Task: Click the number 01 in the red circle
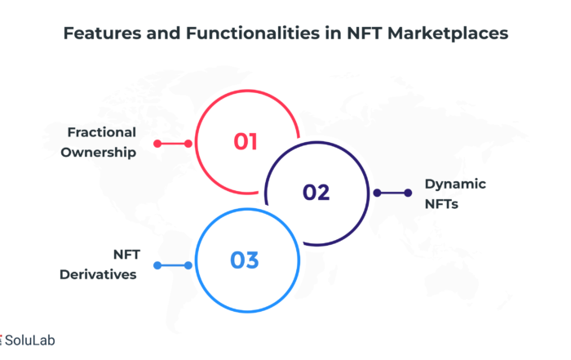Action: click(246, 141)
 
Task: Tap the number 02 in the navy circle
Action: click(316, 193)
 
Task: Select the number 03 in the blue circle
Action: click(245, 260)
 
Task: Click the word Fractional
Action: click(102, 132)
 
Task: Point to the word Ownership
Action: click(99, 153)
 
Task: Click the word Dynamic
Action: click(455, 184)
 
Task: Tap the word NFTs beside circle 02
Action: click(441, 204)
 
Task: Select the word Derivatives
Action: click(98, 274)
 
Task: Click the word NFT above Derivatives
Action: click(126, 255)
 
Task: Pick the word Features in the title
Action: click(102, 33)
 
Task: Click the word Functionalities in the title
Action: click(253, 33)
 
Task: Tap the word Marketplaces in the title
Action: click(448, 34)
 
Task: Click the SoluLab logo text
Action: click(30, 340)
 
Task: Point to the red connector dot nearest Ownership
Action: click(157, 144)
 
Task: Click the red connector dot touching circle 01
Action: click(188, 144)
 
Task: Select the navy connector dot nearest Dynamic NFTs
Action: click(408, 193)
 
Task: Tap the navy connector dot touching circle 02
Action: click(377, 193)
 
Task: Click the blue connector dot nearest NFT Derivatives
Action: click(157, 265)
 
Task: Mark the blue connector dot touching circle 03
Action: click(188, 265)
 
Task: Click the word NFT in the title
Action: click(364, 33)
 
